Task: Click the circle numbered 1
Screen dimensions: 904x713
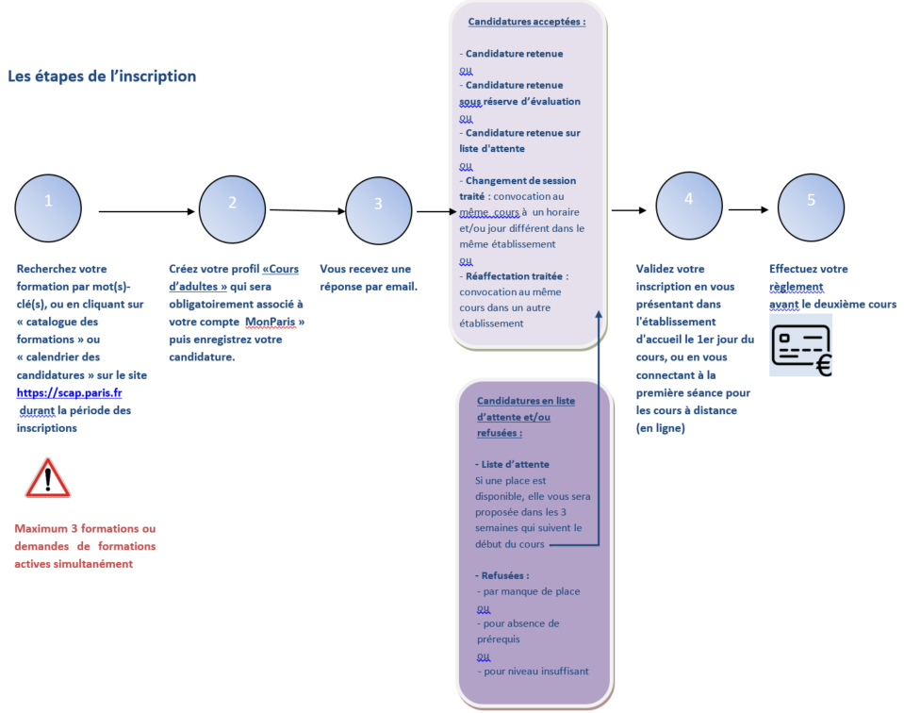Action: pos(48,208)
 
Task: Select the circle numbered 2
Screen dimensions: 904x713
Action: pos(232,209)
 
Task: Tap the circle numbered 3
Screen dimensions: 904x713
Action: pos(379,210)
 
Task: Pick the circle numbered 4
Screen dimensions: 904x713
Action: pos(689,206)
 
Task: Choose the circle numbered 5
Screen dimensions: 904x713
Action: pos(812,207)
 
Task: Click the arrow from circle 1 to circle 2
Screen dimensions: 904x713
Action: pos(147,211)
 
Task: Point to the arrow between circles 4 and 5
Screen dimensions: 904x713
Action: pos(748,210)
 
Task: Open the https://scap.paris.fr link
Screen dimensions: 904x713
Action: pos(69,393)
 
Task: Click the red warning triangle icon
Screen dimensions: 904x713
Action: pos(48,478)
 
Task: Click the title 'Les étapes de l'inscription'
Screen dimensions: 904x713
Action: pos(102,76)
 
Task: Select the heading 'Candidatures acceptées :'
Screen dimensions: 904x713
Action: pos(527,22)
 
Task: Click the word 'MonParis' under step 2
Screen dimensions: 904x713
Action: pos(271,322)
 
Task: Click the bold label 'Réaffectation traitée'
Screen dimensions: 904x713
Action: pos(514,276)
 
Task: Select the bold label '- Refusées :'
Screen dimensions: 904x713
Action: pos(502,575)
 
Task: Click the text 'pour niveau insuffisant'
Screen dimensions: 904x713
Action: pos(536,672)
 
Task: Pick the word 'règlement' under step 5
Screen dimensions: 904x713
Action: pos(797,287)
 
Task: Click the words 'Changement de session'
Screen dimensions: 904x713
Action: pos(520,180)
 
